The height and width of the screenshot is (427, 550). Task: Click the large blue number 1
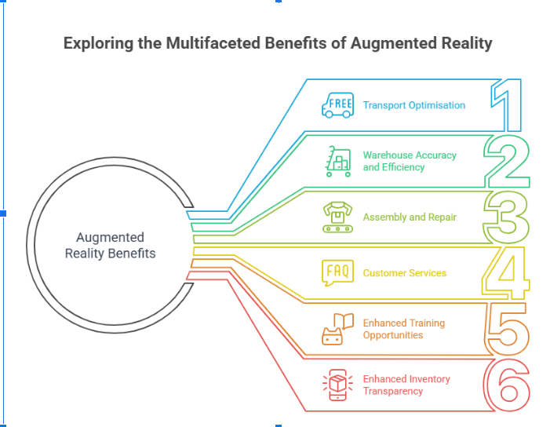[x=508, y=106]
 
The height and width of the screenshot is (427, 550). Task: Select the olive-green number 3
[x=506, y=217]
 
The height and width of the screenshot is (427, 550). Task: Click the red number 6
[x=506, y=385]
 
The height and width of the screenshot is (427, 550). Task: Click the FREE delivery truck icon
[x=338, y=105]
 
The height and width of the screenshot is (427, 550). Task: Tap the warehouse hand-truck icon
[x=338, y=161]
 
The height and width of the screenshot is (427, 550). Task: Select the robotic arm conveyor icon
[x=338, y=217]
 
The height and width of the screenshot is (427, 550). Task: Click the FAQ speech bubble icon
[x=338, y=272]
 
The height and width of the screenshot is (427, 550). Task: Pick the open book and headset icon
[x=338, y=329]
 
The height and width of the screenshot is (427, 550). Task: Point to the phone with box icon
[x=338, y=385]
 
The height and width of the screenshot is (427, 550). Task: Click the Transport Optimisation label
[x=413, y=105]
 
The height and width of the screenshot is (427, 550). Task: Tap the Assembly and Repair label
[x=410, y=217]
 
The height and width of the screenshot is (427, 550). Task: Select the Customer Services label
[x=404, y=273]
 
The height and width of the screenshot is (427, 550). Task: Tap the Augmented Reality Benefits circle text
[x=110, y=245]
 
